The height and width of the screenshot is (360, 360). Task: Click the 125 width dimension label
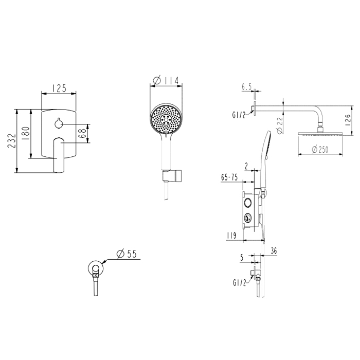click(59, 88)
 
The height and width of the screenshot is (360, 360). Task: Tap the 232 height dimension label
click(12, 141)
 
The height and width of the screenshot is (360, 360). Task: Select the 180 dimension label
click(26, 133)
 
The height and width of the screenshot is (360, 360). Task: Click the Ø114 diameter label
click(166, 81)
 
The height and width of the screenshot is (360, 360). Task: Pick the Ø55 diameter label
click(127, 254)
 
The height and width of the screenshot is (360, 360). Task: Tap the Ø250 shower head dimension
click(320, 150)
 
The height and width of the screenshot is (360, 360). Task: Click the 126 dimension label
click(348, 120)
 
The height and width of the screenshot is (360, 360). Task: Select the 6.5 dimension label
click(246, 87)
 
